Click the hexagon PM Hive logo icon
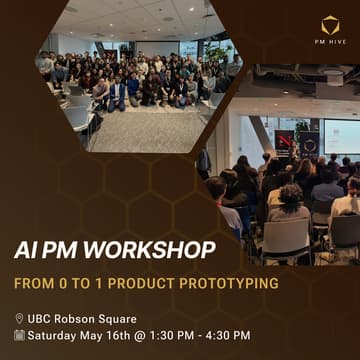coord(329,24)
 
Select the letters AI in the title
coord(25,250)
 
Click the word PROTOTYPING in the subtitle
coord(232,283)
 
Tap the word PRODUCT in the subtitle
coord(150,283)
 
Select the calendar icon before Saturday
coord(19,335)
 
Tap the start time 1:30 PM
coord(169,335)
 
